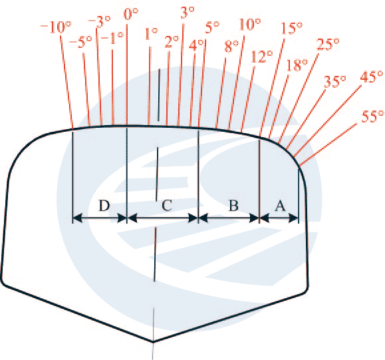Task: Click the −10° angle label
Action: (x=55, y=27)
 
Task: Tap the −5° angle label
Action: (x=80, y=42)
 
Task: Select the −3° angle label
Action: (x=99, y=21)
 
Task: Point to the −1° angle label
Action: (x=112, y=38)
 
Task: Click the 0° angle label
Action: (x=131, y=14)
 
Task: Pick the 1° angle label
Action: (x=151, y=34)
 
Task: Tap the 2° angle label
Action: (x=172, y=42)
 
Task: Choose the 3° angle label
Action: (x=188, y=12)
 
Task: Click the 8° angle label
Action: (x=231, y=46)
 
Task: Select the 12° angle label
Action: (x=262, y=57)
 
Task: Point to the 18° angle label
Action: (x=297, y=65)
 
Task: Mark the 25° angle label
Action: (x=328, y=44)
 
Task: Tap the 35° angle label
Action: (x=335, y=82)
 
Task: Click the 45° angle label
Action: (x=372, y=77)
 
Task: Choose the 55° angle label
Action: (x=372, y=116)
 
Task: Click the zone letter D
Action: (x=104, y=206)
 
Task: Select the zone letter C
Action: (x=167, y=206)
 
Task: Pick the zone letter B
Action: (x=233, y=206)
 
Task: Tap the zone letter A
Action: (x=280, y=206)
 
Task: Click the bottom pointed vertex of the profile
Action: (x=153, y=341)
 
